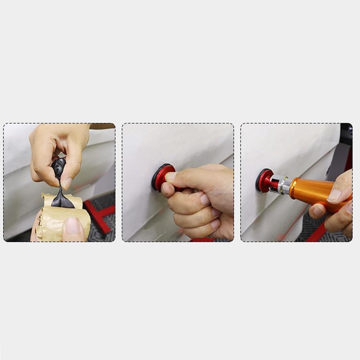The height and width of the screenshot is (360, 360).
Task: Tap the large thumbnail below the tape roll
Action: click(73, 225)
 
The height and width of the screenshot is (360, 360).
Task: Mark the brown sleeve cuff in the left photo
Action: click(102, 126)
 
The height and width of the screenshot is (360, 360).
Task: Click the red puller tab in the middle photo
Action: click(164, 176)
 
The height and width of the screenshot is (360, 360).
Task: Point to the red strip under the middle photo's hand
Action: click(202, 240)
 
